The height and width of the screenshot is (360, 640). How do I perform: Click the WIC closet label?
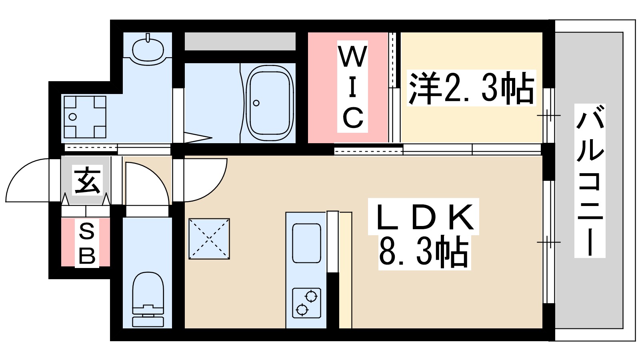352,87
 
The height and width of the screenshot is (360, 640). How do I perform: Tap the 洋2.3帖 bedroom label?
471,88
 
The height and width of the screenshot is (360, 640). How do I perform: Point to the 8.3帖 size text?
424,253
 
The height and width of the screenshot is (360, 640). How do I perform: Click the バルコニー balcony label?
590,180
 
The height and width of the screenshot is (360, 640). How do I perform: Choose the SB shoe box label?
86,243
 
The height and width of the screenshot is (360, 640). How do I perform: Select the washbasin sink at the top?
148,50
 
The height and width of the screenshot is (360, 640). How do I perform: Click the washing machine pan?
85,116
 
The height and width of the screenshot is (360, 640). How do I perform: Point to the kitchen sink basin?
306,243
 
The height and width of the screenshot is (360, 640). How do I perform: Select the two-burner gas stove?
306,303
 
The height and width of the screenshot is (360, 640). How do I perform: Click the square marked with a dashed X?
209,239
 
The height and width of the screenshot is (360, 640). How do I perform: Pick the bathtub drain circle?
256,103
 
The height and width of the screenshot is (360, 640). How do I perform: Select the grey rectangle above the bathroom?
240,42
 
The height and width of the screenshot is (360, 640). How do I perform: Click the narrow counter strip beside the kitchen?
345,270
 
